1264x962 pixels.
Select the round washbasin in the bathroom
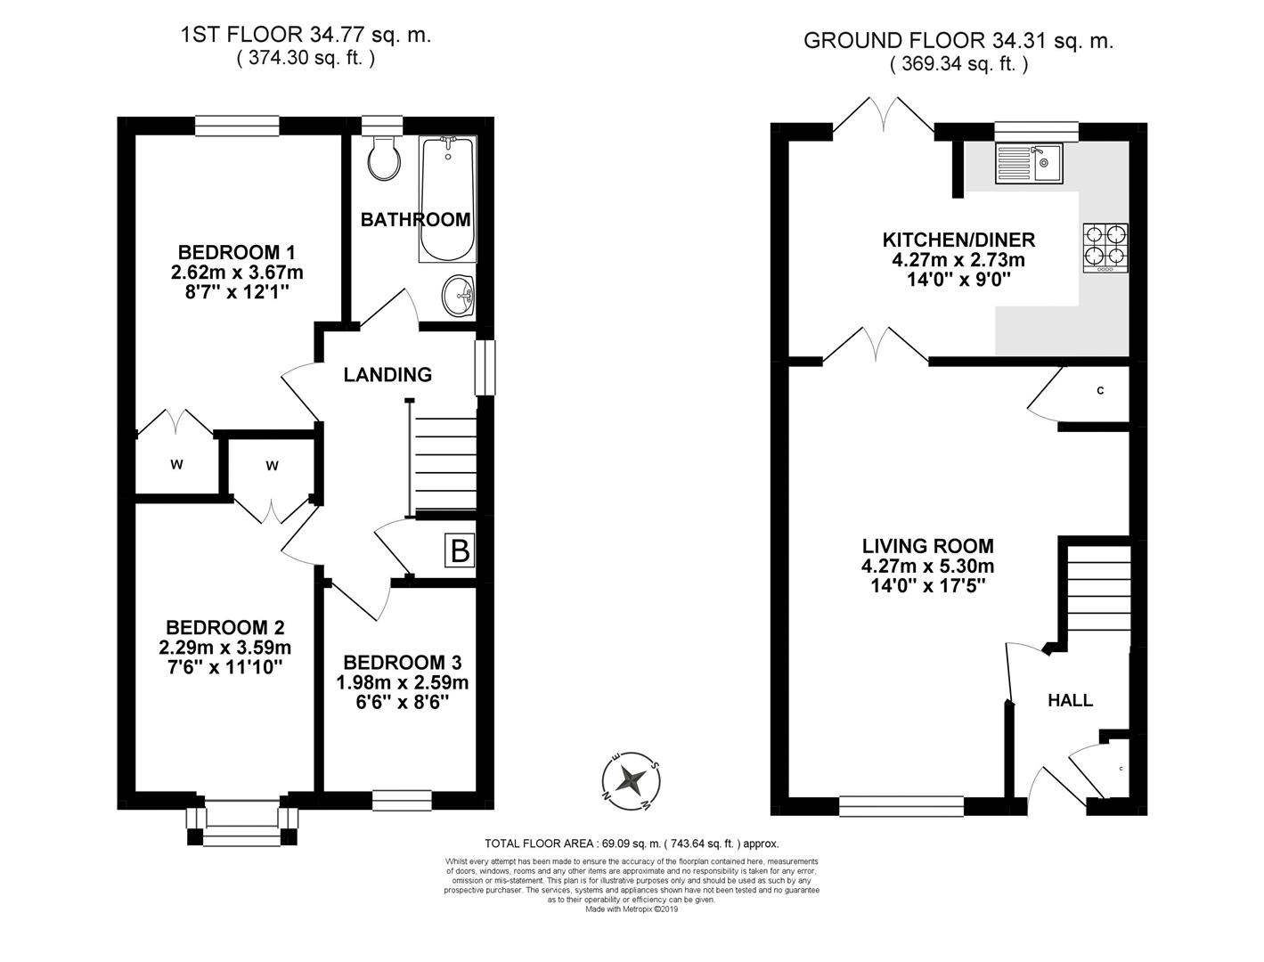[x=460, y=295]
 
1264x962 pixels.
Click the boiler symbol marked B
[x=460, y=550]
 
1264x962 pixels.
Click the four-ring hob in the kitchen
[x=1105, y=247]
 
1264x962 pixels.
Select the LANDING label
[x=387, y=375]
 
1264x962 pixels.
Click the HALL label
[x=1070, y=700]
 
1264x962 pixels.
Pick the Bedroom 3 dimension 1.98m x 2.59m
[x=402, y=682]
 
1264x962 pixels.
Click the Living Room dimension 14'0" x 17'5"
[x=927, y=585]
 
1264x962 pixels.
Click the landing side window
[x=484, y=367]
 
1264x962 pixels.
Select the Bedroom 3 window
[x=402, y=800]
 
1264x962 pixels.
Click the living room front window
[x=901, y=806]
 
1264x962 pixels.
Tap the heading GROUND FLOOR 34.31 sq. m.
[x=958, y=41]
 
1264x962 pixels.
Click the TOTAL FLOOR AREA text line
[x=632, y=843]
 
